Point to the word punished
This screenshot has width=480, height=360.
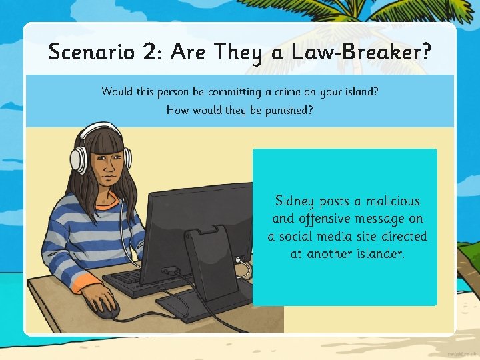(281, 110)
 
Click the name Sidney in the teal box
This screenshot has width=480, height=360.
(295, 201)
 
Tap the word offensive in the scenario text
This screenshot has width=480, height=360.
(331, 219)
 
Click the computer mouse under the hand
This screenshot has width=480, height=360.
(105, 308)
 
